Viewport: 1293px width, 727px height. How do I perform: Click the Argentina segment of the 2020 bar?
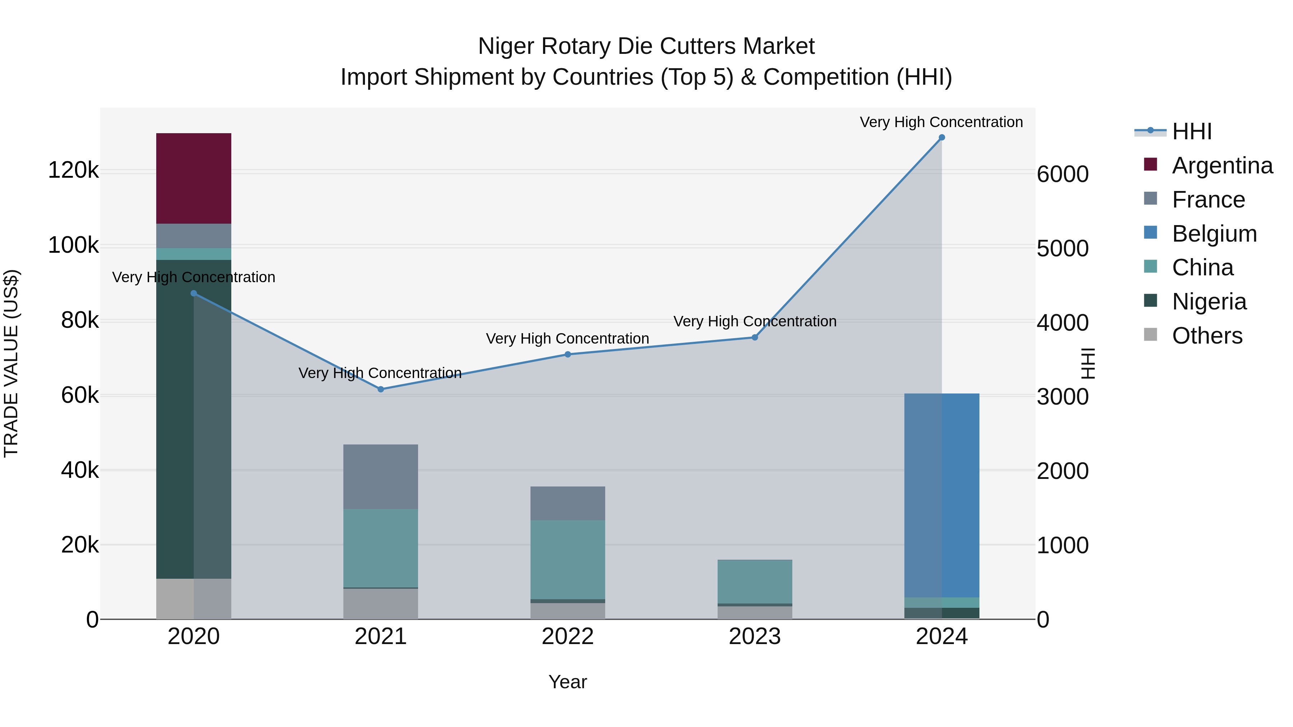[x=193, y=178]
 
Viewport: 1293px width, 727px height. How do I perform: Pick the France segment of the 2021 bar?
[x=380, y=477]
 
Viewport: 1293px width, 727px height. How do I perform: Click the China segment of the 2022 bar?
[x=568, y=559]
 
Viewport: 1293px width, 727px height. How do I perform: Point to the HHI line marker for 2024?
[x=942, y=138]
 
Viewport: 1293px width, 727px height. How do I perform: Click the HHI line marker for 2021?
[x=380, y=389]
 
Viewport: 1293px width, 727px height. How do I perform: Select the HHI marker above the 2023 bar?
[x=754, y=338]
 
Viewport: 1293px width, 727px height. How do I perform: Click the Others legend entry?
[x=1207, y=336]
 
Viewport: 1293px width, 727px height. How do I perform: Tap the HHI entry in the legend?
[x=1192, y=131]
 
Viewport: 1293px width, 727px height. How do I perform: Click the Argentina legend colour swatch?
[x=1150, y=164]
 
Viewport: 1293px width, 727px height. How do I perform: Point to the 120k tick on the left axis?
[x=73, y=171]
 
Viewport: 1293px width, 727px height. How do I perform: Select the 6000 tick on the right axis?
[x=1063, y=174]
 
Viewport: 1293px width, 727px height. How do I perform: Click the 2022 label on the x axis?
[x=568, y=637]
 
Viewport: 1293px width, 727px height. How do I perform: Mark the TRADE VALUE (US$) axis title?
[x=11, y=363]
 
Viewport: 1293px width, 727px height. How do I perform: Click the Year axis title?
[x=568, y=682]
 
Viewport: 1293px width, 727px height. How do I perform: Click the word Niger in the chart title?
[x=506, y=46]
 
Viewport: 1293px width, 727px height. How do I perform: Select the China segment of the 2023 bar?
[x=754, y=581]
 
